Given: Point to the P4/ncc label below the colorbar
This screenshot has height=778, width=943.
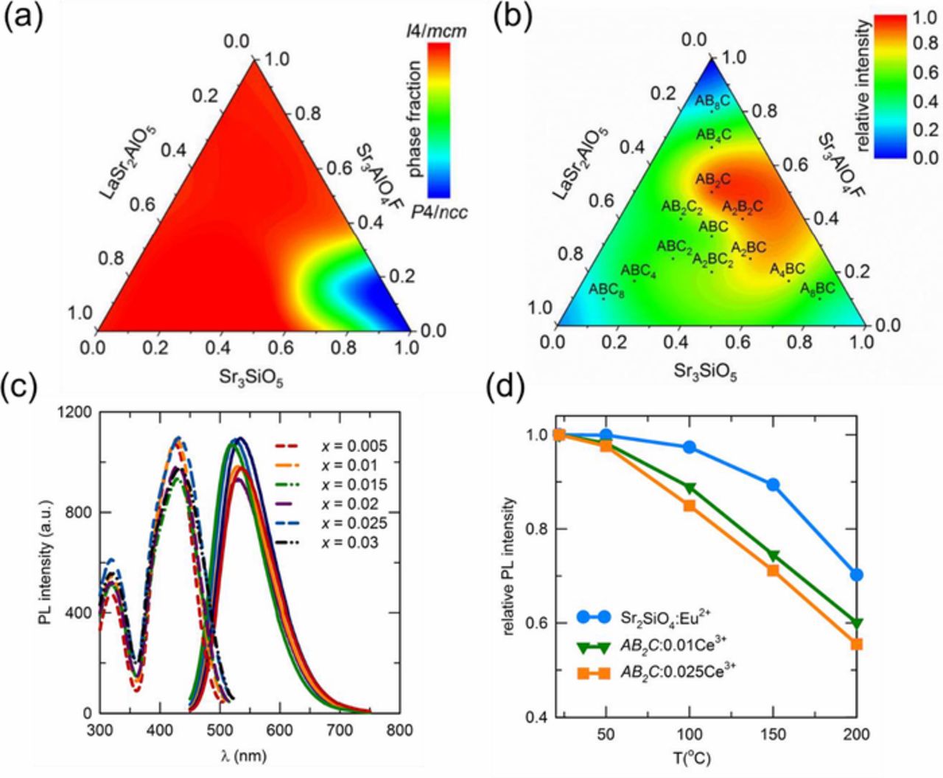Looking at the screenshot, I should coord(438,214).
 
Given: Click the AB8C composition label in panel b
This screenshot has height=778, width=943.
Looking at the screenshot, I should coord(712,101).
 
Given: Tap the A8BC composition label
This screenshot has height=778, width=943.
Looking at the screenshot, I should coord(818,287).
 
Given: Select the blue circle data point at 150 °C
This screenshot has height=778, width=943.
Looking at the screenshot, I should coord(773,484).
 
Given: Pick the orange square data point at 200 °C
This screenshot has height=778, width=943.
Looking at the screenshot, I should coord(856,644).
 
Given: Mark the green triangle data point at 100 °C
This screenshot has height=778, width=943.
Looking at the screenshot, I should coord(690,488).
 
